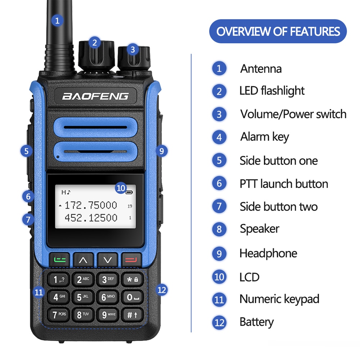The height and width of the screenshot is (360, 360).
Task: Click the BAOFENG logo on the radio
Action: pos(95,96)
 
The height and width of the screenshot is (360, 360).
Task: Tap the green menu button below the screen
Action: pos(59,260)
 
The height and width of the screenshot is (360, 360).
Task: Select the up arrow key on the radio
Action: pos(83,260)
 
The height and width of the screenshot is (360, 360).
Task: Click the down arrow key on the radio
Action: pos(107,260)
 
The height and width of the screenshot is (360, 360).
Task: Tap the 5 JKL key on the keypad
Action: pos(83,297)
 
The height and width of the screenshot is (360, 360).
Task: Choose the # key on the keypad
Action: pos(132,315)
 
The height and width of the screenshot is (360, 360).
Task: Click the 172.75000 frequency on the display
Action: pos(91,205)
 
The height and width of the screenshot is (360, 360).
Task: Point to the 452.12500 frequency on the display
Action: pos(91,218)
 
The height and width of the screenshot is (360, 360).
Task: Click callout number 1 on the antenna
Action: pos(57,21)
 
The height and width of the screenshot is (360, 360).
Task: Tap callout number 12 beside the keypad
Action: pos(162,290)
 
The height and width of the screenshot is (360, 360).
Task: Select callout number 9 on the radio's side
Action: pos(162,151)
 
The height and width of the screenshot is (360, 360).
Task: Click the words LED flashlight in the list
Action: pos(272,91)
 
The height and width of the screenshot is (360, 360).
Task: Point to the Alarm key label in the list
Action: pos(265,137)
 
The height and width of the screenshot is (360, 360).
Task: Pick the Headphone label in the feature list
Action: pos(268,253)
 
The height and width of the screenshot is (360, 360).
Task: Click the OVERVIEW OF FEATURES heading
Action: pos(278,31)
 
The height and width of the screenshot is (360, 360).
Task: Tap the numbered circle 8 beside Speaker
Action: pos(219,229)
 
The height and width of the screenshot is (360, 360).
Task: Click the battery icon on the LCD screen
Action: pos(129,192)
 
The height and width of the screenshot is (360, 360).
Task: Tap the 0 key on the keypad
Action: pos(132,297)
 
